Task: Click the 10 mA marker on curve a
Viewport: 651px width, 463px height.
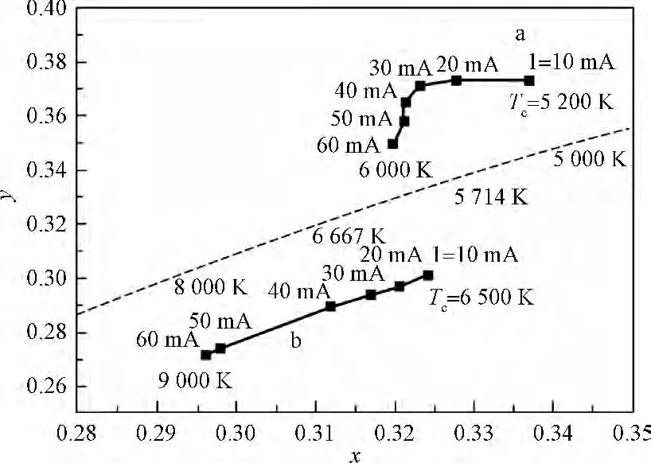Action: pos(529,80)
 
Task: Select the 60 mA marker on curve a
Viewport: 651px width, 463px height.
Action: pos(392,144)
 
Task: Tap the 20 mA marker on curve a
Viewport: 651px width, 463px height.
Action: pos(456,80)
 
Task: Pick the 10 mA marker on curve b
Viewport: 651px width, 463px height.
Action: pos(428,275)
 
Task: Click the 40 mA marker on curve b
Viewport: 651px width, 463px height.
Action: pos(330,306)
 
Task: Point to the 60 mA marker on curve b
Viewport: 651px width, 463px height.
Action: pos(205,355)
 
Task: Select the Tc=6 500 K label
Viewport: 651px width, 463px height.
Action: pos(481,298)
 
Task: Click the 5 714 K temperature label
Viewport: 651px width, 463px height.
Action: pos(491,197)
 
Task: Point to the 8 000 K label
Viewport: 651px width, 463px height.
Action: pos(210,286)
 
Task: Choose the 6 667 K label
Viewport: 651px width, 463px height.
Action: pos(349,236)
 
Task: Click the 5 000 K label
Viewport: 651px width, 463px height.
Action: pos(588,159)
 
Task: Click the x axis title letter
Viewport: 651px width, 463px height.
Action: pos(353,454)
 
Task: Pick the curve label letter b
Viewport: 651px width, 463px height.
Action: pos(295,342)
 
